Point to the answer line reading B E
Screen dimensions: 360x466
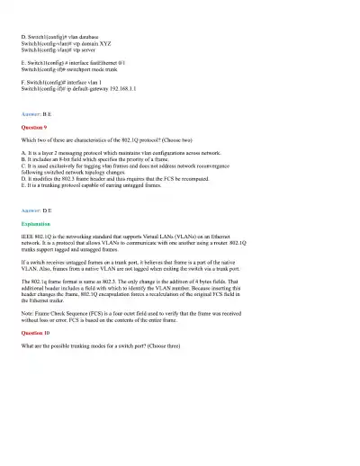[37, 115]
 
